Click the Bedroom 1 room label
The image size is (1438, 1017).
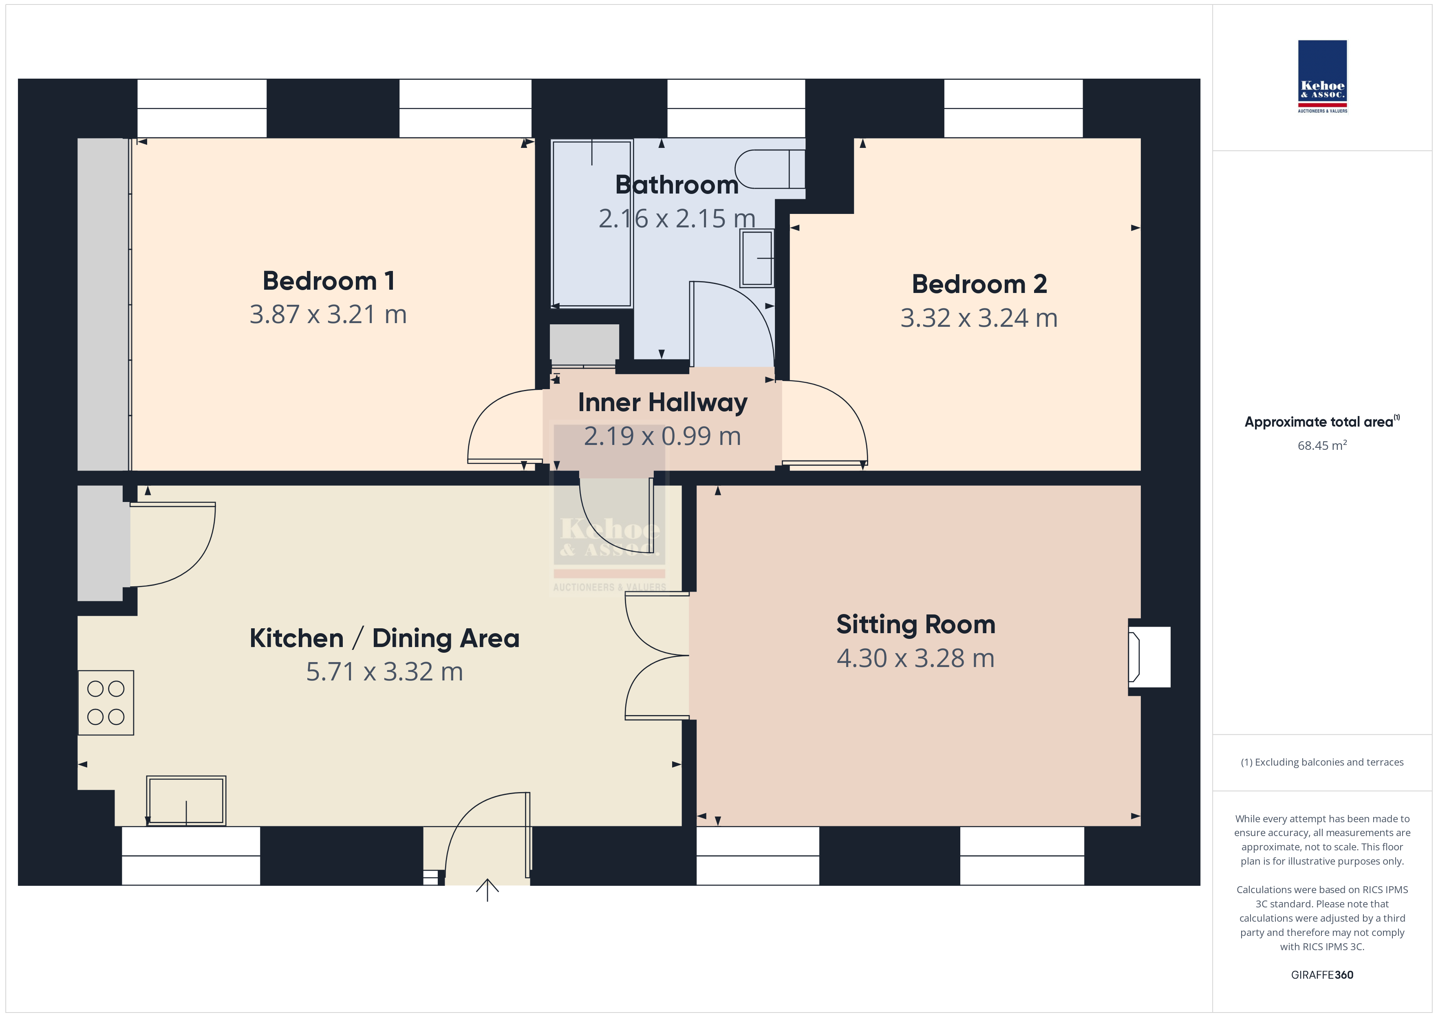click(x=329, y=281)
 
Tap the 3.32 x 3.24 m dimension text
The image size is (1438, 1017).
click(x=979, y=318)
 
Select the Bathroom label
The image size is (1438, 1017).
click(x=677, y=185)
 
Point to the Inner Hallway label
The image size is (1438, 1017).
click(x=663, y=403)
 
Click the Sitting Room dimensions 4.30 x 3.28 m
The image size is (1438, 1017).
click(x=915, y=658)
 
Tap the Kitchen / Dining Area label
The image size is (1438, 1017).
click(x=384, y=638)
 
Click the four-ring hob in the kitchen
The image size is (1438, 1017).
click(x=106, y=702)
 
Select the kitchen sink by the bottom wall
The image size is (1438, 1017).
click(x=186, y=801)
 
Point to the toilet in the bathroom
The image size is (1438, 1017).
click(x=770, y=169)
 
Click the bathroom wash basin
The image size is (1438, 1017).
click(x=757, y=258)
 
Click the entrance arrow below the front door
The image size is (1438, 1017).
click(x=487, y=890)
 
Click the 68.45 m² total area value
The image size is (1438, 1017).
click(x=1322, y=445)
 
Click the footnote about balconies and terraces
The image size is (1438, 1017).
click(x=1322, y=762)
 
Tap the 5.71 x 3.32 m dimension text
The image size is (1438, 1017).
click(x=384, y=672)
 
